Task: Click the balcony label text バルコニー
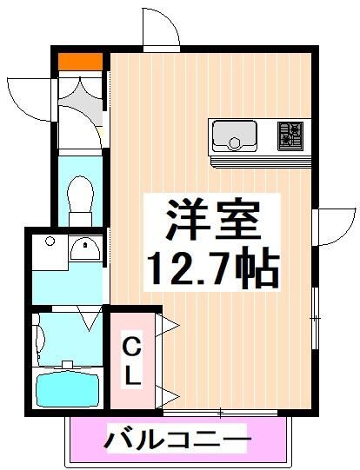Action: (179, 440)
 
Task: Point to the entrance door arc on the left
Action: (30, 97)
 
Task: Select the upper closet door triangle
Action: (170, 327)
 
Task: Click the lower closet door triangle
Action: (170, 396)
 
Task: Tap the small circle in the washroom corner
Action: (50, 240)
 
